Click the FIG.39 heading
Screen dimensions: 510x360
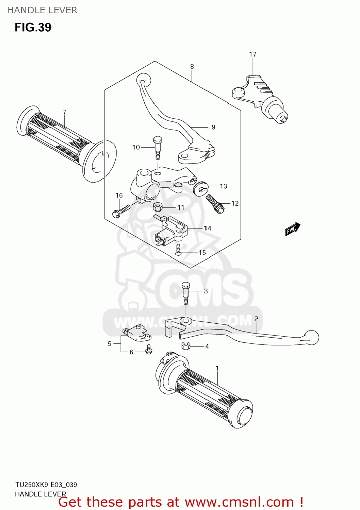(x=33, y=27)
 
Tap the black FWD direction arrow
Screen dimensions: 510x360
(x=292, y=229)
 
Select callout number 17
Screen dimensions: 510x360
(x=252, y=54)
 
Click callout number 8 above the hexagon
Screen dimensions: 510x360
(x=192, y=67)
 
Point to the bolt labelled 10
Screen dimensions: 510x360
(x=158, y=148)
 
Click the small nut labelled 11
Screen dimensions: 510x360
(x=158, y=206)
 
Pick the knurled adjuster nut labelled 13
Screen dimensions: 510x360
(x=200, y=187)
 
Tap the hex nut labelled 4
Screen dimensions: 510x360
(x=185, y=346)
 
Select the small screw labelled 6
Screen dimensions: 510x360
(x=149, y=350)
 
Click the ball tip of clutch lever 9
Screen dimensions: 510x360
(x=143, y=79)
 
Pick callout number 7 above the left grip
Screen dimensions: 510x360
(x=64, y=112)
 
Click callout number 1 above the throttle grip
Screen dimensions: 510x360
(x=217, y=368)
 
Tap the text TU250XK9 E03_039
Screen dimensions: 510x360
(x=46, y=485)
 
